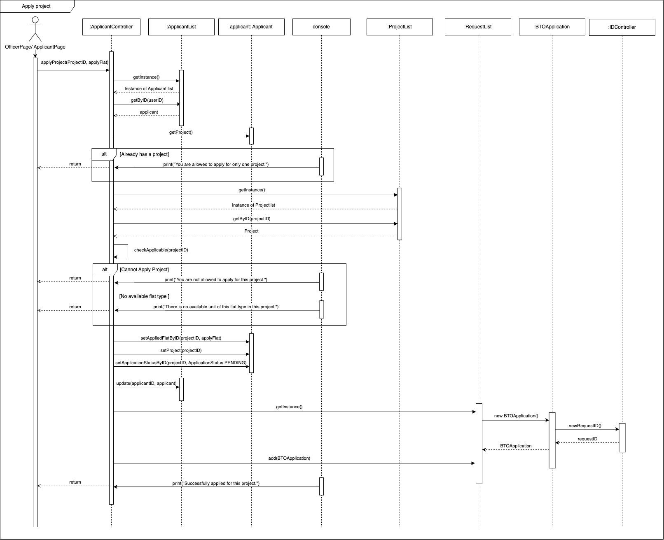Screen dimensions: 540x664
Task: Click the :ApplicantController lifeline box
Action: pyautogui.click(x=111, y=27)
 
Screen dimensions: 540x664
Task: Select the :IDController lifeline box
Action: pyautogui.click(x=622, y=27)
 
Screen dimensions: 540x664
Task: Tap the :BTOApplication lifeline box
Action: pyautogui.click(x=552, y=27)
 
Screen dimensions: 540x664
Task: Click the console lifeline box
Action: pyautogui.click(x=321, y=27)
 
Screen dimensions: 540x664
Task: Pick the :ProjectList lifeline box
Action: pyautogui.click(x=400, y=27)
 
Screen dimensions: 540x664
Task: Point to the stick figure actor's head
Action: pyautogui.click(x=35, y=20)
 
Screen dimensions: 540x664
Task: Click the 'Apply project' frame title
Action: pyautogui.click(x=36, y=6)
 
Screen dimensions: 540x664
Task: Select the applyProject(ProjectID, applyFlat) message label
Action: pyautogui.click(x=75, y=63)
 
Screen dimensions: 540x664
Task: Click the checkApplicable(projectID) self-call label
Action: pyautogui.click(x=161, y=250)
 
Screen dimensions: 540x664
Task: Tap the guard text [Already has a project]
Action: pyautogui.click(x=144, y=154)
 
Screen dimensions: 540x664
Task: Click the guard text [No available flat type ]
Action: pyautogui.click(x=144, y=296)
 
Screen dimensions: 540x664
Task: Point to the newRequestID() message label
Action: pyautogui.click(x=585, y=426)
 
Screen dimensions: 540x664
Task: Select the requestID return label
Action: pyautogui.click(x=587, y=439)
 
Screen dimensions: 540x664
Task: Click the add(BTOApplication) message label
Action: pyautogui.click(x=292, y=458)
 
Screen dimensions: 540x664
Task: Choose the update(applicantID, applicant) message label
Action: pyautogui.click(x=146, y=383)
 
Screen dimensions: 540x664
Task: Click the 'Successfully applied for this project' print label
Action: pyautogui.click(x=216, y=483)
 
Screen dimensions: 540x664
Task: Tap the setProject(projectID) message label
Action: pyautogui.click(x=181, y=350)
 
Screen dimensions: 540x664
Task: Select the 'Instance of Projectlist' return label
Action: pyautogui.click(x=253, y=205)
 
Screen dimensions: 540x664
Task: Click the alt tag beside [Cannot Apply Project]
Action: pyautogui.click(x=105, y=270)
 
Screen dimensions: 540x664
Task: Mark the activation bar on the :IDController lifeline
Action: pyautogui.click(x=622, y=438)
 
